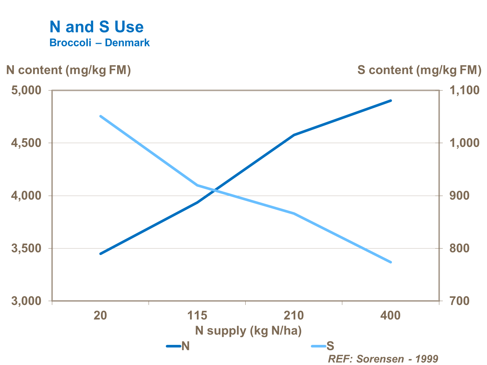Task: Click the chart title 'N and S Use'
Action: point(96,27)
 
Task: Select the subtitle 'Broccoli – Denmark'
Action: point(99,43)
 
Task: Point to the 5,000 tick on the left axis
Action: point(27,90)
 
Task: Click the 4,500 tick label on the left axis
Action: point(27,143)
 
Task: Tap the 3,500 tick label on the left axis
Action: point(27,249)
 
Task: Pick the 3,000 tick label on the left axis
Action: point(27,301)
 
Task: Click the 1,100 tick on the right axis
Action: point(464,90)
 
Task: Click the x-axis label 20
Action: point(100,315)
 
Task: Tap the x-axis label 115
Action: point(197,315)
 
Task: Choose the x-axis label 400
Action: point(390,315)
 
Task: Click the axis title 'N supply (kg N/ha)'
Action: point(248,331)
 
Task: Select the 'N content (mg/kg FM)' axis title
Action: point(68,70)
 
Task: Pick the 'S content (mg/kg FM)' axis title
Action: point(419,70)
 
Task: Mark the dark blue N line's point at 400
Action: point(391,101)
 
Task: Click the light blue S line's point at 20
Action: point(101,116)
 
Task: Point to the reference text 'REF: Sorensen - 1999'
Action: point(383,359)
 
